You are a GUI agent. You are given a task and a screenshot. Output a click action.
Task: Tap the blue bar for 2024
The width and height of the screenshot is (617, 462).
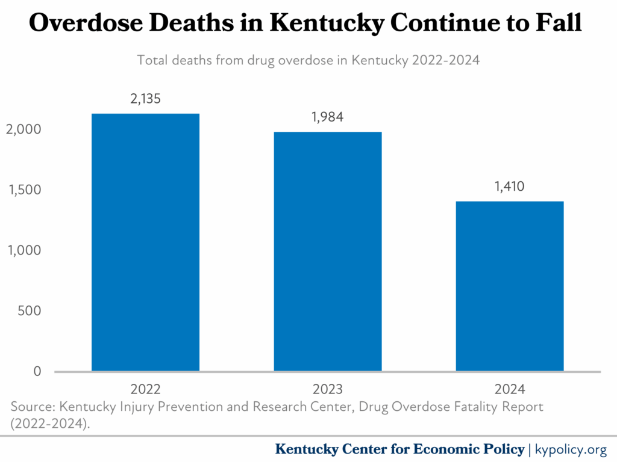click(510, 286)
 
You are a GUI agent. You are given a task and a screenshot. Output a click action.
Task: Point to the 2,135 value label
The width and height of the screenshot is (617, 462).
click(145, 99)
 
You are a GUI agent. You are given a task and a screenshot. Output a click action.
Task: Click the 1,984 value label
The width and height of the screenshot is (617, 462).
click(328, 117)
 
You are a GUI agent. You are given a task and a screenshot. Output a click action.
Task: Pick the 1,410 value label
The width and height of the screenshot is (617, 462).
click(510, 187)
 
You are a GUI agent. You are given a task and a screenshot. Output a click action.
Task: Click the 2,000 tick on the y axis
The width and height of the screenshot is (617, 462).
click(25, 129)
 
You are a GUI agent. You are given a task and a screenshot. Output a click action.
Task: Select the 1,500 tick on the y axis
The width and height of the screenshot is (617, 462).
click(25, 190)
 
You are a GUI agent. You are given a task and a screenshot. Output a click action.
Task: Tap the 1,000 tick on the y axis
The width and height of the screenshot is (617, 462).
click(25, 250)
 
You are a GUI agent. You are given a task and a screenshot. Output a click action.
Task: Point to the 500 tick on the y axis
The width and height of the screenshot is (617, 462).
click(30, 311)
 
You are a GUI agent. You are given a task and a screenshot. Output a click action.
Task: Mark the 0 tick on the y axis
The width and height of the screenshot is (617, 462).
click(37, 371)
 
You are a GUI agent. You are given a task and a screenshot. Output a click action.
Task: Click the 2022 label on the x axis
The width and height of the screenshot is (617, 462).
click(145, 389)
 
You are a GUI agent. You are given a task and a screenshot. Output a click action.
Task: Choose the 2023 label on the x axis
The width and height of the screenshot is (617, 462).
click(328, 389)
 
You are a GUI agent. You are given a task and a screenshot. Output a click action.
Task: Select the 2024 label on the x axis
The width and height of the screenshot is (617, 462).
click(510, 389)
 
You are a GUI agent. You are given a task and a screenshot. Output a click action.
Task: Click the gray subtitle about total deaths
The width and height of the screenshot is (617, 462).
click(308, 61)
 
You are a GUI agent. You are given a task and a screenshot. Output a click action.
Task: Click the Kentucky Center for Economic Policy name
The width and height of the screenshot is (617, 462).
click(399, 449)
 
